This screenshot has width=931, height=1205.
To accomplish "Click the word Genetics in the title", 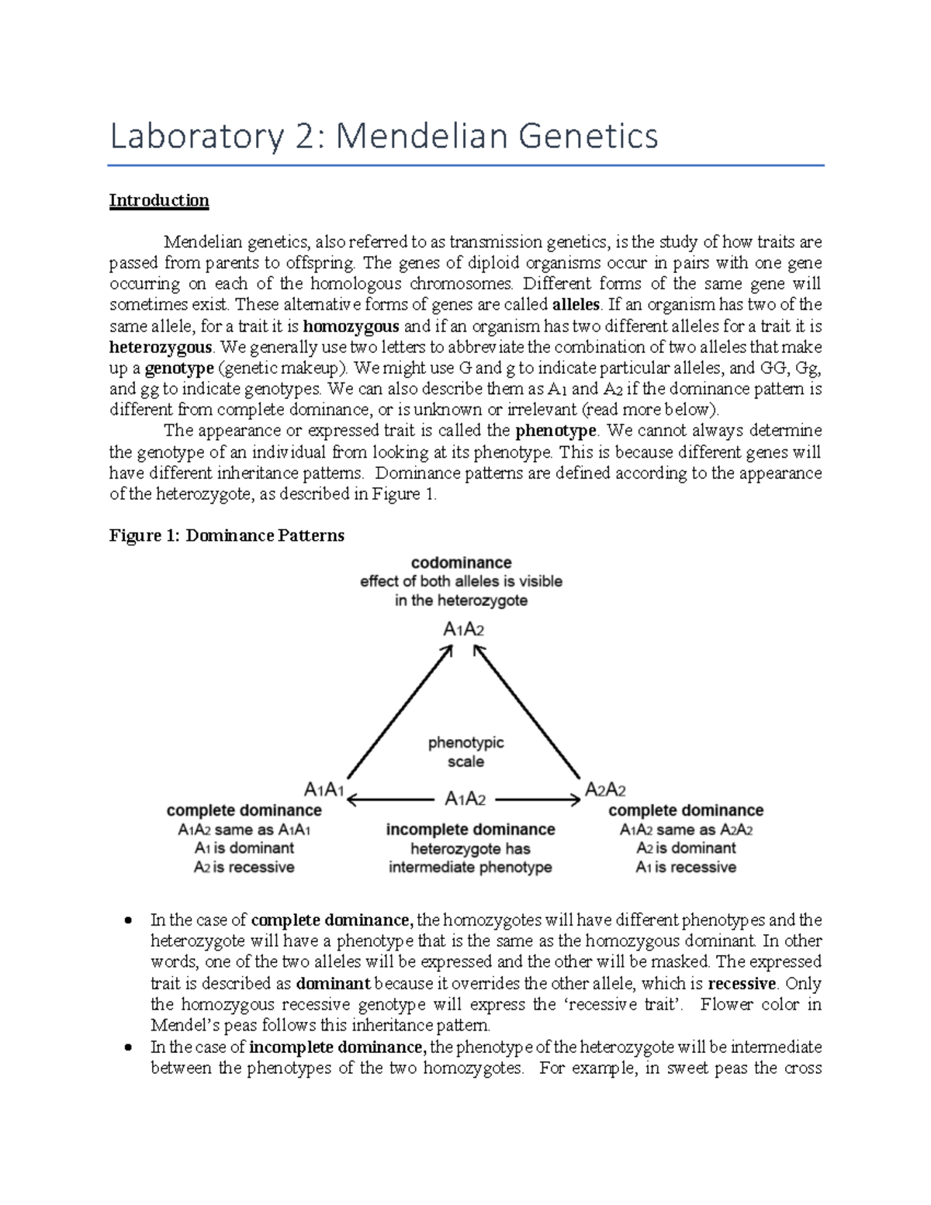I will (x=587, y=137).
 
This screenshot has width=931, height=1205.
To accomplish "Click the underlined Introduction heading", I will (x=158, y=200).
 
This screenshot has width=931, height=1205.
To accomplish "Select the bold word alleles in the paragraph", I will (x=576, y=304).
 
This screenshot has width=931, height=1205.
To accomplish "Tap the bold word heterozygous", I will (x=161, y=347).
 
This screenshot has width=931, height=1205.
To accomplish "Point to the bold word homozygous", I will (x=351, y=326).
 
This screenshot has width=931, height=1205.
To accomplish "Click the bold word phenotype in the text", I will (x=555, y=431).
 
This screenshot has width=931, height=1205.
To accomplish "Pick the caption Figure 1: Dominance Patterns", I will (x=227, y=535).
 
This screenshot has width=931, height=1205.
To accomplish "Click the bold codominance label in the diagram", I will (x=461, y=563).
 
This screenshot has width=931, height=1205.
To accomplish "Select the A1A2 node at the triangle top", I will (x=463, y=629).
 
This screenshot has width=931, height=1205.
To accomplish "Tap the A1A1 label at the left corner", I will (x=324, y=790).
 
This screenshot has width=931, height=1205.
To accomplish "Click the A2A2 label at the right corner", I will (x=605, y=790).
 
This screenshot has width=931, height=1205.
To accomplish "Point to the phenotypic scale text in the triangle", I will (x=465, y=752).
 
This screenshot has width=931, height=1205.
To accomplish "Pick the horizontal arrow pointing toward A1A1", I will (x=388, y=799).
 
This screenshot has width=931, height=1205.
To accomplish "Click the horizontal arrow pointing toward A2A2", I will (x=537, y=799).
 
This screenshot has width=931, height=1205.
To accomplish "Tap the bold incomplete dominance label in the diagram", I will (x=470, y=829).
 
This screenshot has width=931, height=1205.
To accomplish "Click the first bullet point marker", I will (x=129, y=921).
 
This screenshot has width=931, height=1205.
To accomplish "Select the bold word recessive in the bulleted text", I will (x=742, y=984).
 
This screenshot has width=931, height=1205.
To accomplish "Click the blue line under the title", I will (x=465, y=165).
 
